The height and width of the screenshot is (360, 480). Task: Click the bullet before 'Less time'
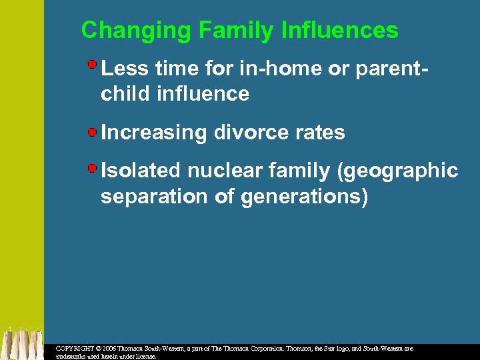93,65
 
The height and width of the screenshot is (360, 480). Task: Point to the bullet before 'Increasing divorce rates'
93,131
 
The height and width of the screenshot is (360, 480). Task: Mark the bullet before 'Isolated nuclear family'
93,167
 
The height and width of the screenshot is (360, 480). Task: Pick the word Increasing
154,133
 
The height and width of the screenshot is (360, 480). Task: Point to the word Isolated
141,171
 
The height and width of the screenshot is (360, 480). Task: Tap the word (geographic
398,171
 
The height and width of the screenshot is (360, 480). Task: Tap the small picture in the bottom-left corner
21,343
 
